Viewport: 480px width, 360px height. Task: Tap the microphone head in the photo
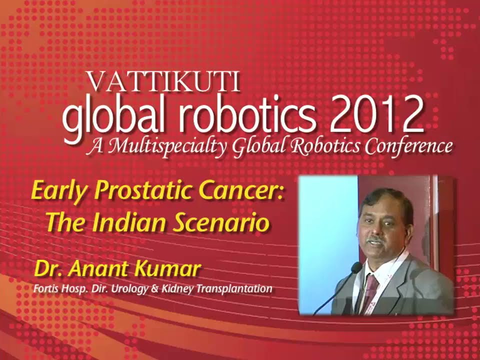pos(356,268)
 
